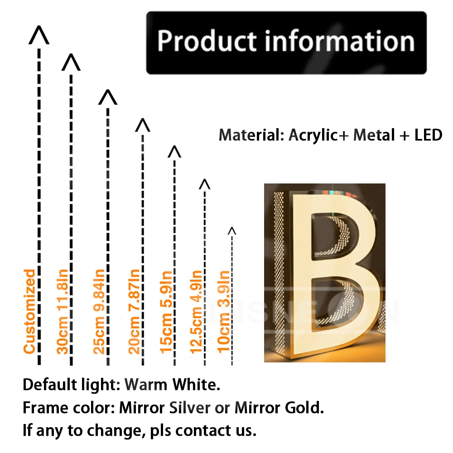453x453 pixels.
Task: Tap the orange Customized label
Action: (29, 312)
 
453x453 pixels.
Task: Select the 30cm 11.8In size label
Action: (63, 312)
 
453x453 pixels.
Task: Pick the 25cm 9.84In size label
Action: (99, 312)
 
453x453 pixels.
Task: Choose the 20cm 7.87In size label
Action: (134, 312)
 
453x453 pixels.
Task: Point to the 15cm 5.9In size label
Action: (166, 312)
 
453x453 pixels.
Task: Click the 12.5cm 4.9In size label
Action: (196, 312)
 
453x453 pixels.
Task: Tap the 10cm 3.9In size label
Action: (224, 312)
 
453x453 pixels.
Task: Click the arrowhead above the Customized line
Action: (39, 35)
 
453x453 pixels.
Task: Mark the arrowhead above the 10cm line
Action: (232, 231)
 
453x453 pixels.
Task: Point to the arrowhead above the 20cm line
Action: (143, 125)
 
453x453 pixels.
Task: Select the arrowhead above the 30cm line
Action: (71, 63)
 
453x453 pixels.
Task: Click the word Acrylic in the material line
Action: (313, 135)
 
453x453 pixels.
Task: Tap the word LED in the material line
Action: (429, 135)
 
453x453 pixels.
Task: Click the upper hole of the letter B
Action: (332, 236)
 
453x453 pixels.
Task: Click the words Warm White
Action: (172, 385)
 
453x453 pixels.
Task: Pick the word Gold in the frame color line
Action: (304, 408)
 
